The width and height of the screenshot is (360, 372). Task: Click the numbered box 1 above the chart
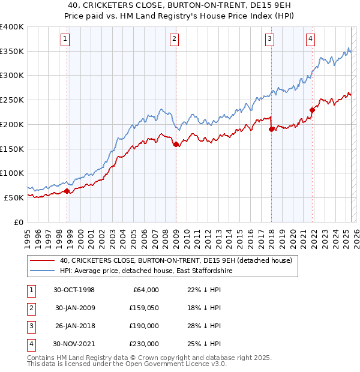64,40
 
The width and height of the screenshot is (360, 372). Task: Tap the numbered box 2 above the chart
173,40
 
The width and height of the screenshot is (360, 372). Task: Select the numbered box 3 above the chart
269,40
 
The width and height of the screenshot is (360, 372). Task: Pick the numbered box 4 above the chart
310,40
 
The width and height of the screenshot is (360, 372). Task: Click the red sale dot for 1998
67,191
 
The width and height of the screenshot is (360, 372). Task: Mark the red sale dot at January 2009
176,144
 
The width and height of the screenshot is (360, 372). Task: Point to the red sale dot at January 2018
271,129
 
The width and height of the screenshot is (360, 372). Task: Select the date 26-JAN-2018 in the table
74,326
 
